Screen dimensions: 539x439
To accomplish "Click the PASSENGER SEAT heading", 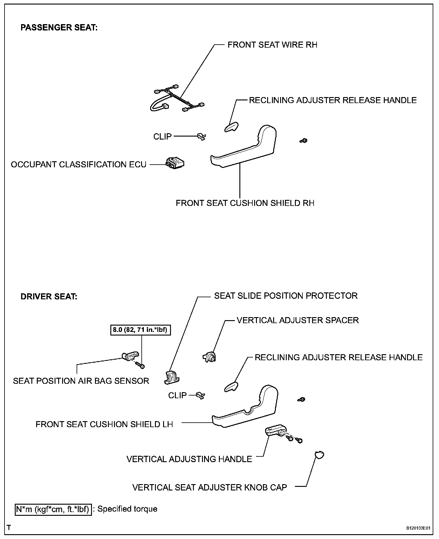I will tap(59, 28).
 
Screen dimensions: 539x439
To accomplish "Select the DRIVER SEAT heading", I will tap(49, 297).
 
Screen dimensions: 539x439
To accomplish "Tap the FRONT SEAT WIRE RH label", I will tap(272, 45).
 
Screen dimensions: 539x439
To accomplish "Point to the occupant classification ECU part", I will tap(175, 163).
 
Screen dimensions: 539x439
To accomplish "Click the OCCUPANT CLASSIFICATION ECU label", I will tap(79, 165).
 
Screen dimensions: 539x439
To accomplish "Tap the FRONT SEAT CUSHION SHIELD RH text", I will tap(245, 203).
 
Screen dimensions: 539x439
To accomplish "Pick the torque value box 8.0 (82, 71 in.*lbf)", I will tap(140, 330).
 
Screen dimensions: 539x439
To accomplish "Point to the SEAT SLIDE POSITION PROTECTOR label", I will tap(286, 296).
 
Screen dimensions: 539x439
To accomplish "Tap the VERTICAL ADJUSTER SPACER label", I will tap(298, 320).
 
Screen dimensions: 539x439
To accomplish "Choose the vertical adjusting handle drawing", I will tap(275, 431).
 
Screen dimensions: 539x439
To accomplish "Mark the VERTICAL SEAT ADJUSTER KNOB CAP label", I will tap(210, 487).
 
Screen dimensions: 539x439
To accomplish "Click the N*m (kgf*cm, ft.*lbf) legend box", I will tap(53, 509).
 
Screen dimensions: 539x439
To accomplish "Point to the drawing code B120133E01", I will tap(418, 528).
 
